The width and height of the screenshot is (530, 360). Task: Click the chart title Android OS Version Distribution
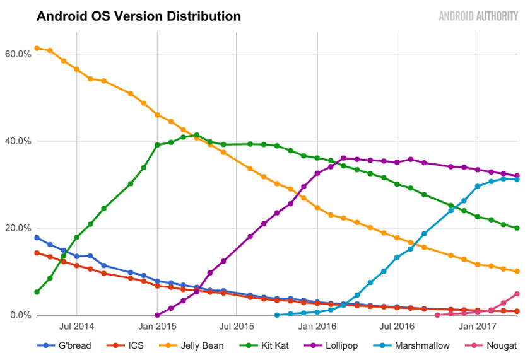click(139, 16)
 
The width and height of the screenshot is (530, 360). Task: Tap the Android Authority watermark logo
click(478, 16)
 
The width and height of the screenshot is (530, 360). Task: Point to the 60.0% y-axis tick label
click(18, 54)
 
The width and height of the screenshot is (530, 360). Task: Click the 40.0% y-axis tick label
click(18, 141)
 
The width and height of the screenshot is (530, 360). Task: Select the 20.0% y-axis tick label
click(18, 228)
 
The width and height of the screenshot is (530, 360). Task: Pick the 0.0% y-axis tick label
click(21, 315)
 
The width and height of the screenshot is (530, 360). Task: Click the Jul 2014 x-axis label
click(77, 326)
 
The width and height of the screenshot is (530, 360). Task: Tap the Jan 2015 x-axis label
click(157, 326)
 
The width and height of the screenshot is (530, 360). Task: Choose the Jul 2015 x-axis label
click(236, 326)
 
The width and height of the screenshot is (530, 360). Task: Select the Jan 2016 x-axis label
click(317, 326)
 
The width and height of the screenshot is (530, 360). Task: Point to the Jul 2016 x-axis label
click(397, 326)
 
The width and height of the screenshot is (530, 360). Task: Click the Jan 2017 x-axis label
click(477, 326)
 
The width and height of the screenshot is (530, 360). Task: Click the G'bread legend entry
click(64, 345)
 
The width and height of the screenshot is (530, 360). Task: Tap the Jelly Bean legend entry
click(191, 345)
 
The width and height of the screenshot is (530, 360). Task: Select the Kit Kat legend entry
click(264, 345)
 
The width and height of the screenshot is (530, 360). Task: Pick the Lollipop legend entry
click(331, 345)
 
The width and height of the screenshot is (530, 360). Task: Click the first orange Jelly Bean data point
click(37, 49)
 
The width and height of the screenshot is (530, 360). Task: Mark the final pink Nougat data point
click(517, 294)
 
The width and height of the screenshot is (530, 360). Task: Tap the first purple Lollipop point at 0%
click(157, 315)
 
